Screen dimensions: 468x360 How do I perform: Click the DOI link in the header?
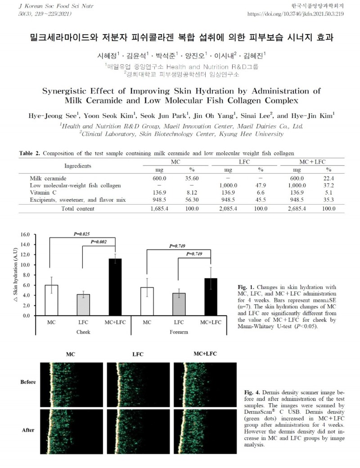[296, 14]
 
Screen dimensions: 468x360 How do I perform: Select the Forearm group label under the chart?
[179, 332]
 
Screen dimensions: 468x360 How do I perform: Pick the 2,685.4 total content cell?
[297, 209]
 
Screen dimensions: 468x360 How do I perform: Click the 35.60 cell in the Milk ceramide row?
[191, 178]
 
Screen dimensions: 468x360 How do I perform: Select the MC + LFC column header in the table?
[312, 161]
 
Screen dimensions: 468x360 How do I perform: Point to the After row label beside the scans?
[28, 430]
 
